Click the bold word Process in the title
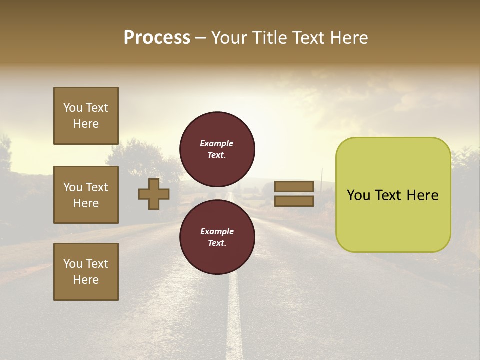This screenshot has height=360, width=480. [157, 38]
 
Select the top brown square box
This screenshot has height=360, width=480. [86, 116]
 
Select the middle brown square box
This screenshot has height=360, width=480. [86, 195]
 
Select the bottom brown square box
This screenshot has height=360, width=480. [86, 272]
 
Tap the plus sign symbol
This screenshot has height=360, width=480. [154, 194]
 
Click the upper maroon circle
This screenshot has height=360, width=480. [217, 149]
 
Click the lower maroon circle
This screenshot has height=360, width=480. [217, 237]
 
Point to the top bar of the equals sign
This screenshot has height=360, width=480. [294, 186]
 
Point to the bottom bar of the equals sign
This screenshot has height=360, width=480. [294, 201]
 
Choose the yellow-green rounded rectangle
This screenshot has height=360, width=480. [393, 195]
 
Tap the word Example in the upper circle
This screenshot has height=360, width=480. [216, 143]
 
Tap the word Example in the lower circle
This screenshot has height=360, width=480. [216, 231]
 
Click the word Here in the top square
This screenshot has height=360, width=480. [86, 124]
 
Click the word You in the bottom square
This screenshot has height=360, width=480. [73, 264]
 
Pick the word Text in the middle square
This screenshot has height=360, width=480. [97, 187]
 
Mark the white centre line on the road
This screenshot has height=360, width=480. [233, 310]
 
